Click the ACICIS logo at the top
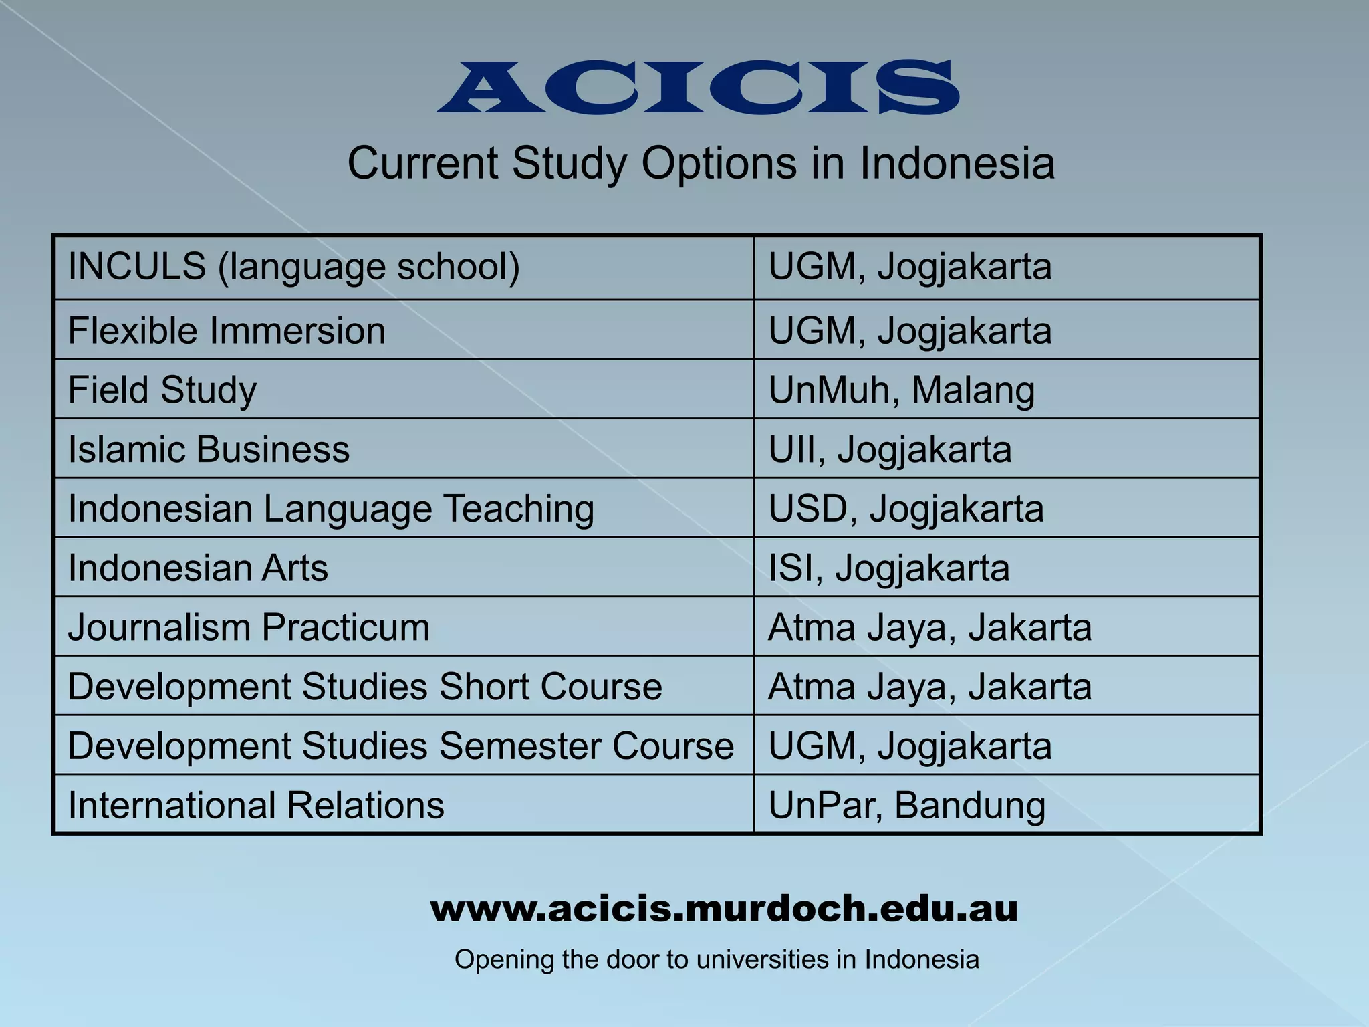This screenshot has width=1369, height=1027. tap(697, 87)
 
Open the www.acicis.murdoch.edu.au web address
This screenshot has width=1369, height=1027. tap(724, 909)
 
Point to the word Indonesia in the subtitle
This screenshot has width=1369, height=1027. tap(957, 163)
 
